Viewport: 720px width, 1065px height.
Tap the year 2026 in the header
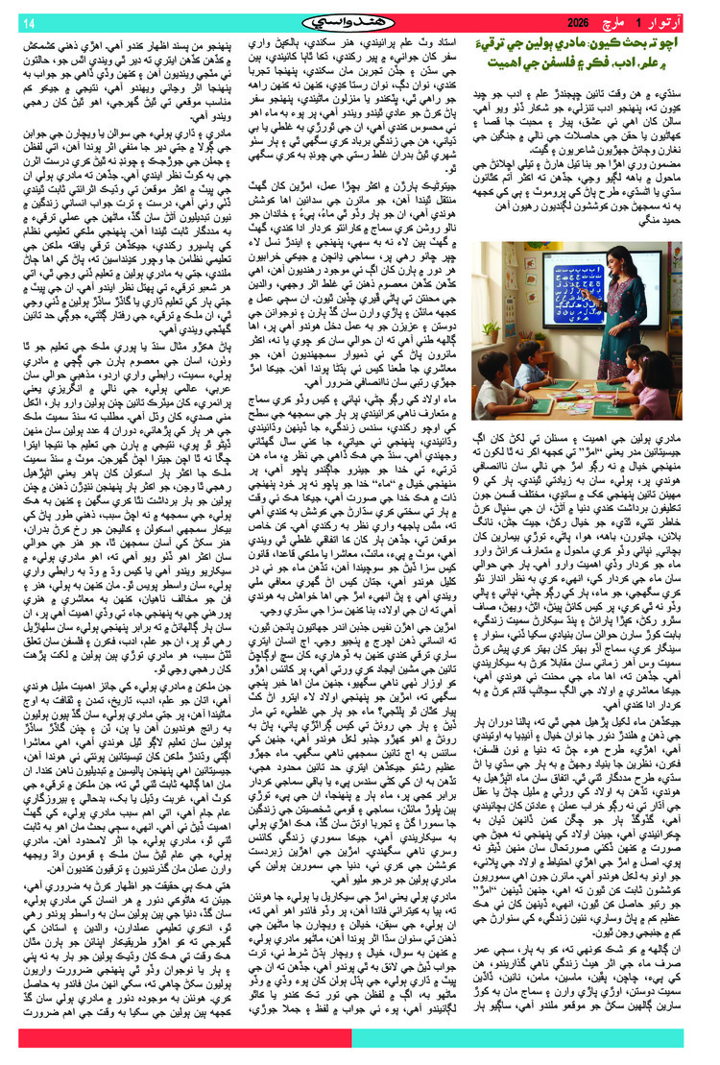(580, 21)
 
